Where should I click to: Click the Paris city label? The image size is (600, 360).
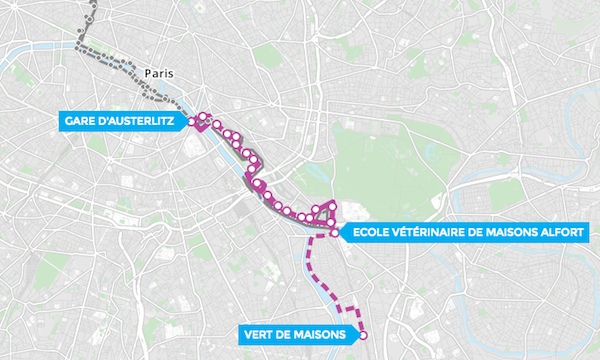point(159,73)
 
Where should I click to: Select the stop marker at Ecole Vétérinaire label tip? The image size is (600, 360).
point(334,233)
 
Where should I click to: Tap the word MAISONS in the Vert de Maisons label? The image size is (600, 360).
point(317,334)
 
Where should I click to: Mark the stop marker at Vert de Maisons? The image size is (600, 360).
point(363,335)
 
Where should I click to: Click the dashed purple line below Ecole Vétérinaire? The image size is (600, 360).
point(309,262)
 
